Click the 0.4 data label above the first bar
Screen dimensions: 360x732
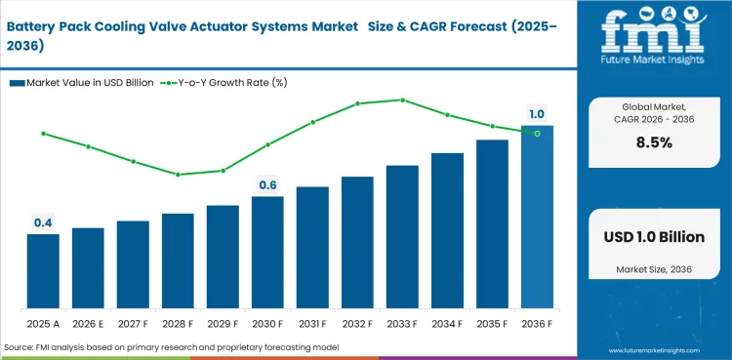43,223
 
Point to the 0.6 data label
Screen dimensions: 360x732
267,185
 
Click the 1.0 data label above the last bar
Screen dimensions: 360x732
537,114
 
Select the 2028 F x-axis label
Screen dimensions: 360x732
178,323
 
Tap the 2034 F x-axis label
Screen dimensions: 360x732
447,323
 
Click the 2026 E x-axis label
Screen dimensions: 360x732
88,323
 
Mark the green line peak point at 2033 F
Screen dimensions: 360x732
402,100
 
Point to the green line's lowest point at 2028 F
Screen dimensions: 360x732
178,175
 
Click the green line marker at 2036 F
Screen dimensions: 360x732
537,132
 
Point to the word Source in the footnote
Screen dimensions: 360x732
21,347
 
